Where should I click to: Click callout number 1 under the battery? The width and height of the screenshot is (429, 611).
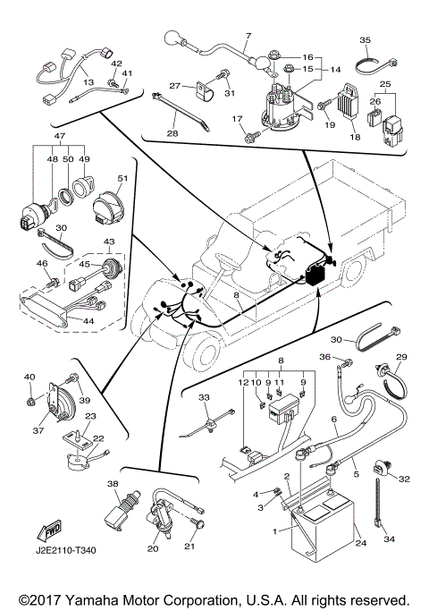click(x=275, y=531)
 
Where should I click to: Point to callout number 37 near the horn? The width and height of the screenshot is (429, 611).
click(x=38, y=430)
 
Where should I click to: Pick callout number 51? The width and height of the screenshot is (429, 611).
click(x=123, y=177)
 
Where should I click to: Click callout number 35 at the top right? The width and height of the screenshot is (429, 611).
click(x=365, y=40)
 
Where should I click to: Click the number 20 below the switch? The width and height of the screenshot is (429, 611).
click(x=152, y=547)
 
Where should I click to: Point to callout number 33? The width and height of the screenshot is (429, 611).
click(x=203, y=396)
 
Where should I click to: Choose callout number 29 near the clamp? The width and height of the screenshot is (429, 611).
click(x=400, y=357)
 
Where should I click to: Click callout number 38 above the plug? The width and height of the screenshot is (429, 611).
click(x=114, y=483)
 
